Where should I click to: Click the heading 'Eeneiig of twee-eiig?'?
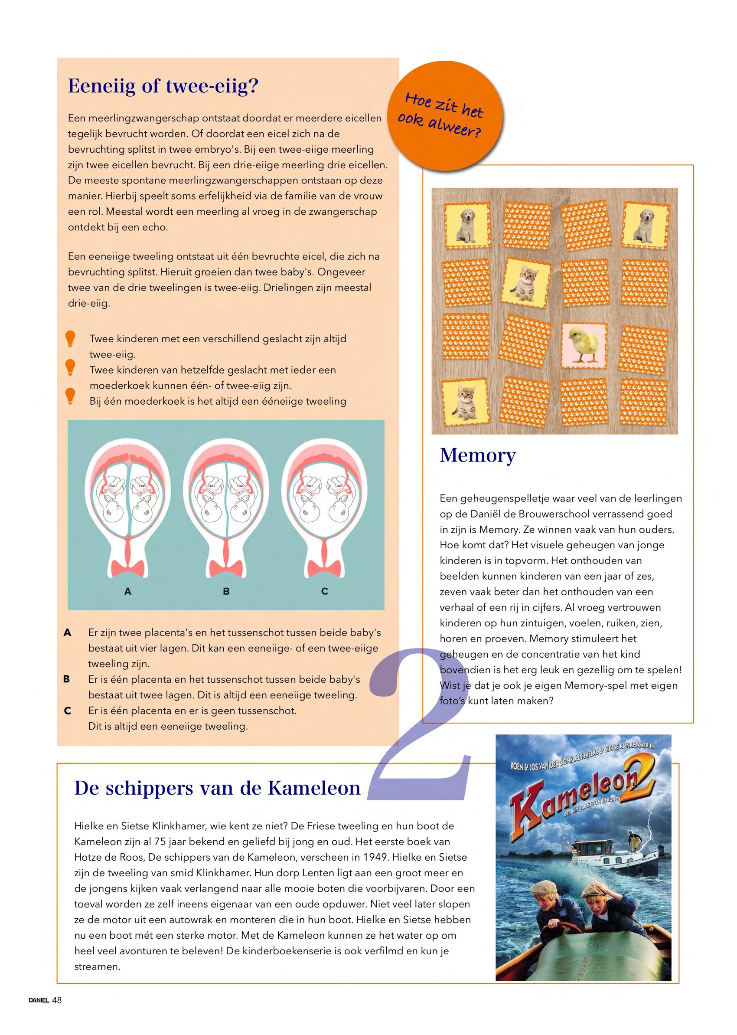pos(163,86)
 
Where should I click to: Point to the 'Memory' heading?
pos(477,455)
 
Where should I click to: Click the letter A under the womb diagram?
pos(127,592)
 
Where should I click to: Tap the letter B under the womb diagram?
pos(226,592)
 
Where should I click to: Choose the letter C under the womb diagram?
pos(324,592)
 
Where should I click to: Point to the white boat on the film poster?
pos(601,856)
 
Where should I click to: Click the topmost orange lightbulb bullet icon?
pos(70,339)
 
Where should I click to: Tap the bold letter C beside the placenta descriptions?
pos(68,711)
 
